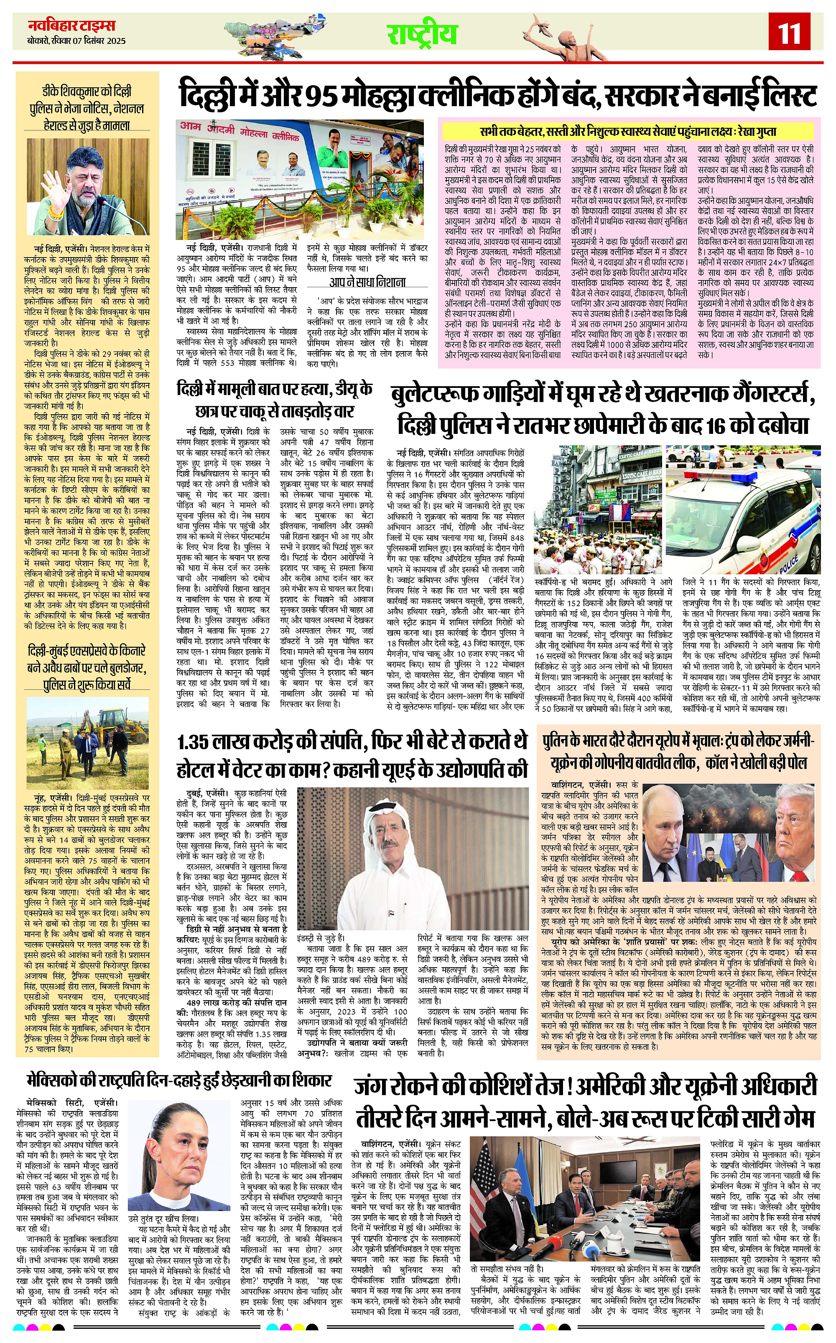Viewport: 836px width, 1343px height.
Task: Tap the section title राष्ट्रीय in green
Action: [421, 34]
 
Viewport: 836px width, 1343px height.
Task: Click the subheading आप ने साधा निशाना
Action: [367, 282]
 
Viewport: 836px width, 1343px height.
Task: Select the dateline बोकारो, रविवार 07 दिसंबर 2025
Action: [76, 41]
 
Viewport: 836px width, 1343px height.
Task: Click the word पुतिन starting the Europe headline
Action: [558, 742]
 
